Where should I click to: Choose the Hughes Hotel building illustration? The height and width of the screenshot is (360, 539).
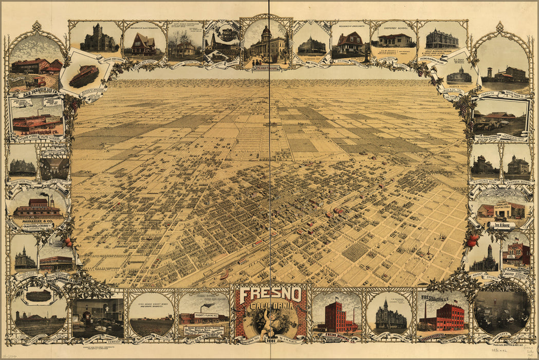click(x=459, y=76)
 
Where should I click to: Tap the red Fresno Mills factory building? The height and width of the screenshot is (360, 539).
click(x=443, y=316)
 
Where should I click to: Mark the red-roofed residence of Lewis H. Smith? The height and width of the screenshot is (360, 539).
click(x=350, y=44)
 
